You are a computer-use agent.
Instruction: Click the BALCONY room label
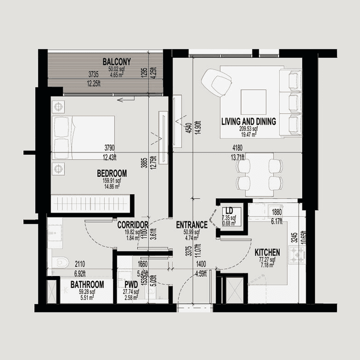pyautogui.click(x=117, y=61)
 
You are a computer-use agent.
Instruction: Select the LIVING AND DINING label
pyautogui.click(x=249, y=122)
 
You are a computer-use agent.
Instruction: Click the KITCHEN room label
pyautogui.click(x=267, y=252)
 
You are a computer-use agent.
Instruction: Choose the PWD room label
pyautogui.click(x=131, y=285)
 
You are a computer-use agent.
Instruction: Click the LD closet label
pyautogui.click(x=229, y=211)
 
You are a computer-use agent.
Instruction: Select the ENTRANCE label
pyautogui.click(x=192, y=225)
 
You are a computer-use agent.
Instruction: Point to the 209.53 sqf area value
pyautogui.click(x=249, y=129)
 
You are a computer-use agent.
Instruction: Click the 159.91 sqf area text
pyautogui.click(x=111, y=180)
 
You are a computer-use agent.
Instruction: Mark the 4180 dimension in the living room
pyautogui.click(x=237, y=148)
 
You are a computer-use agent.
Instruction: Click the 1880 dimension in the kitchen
pyautogui.click(x=277, y=213)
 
